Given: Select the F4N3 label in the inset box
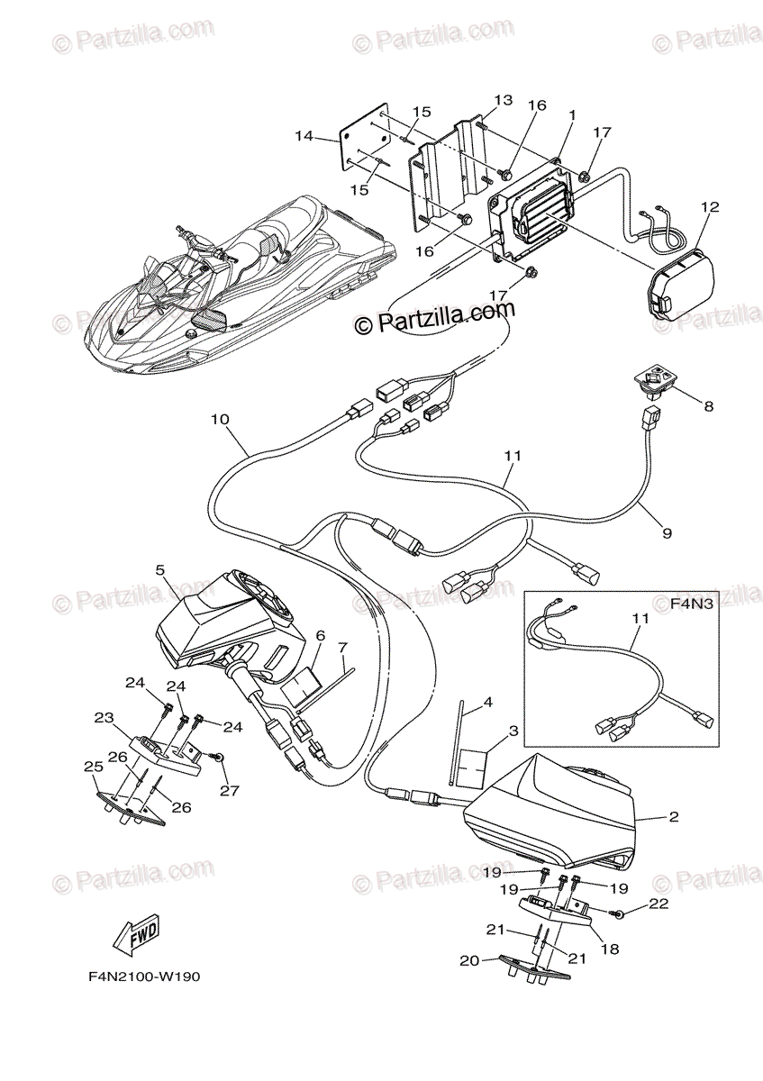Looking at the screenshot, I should tap(692, 604).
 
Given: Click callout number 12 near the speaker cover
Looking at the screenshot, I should tap(710, 207).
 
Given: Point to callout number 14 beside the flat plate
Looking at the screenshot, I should tap(304, 137).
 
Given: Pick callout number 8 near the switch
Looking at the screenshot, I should tap(708, 406).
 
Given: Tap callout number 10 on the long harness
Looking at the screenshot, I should tap(221, 419).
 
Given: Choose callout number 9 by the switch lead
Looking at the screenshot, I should tap(667, 533).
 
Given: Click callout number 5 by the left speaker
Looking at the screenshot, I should tap(159, 569).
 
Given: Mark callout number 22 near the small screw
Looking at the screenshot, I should tap(659, 904).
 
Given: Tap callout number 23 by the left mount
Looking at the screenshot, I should tap(104, 718).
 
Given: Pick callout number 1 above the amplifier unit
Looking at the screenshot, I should tap(571, 115).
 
